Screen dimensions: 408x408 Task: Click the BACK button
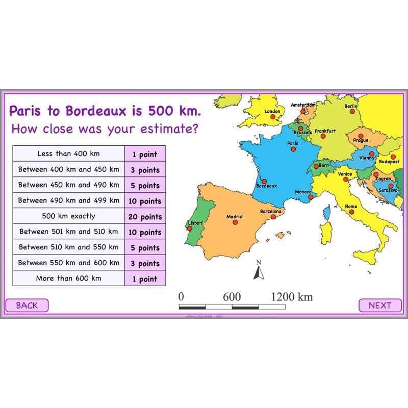pos(27,305)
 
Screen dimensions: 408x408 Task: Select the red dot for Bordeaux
pos(264,181)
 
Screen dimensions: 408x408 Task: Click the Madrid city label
pos(235,217)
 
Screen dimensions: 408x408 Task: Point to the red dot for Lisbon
pos(190,228)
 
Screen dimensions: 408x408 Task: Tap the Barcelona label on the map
pos(270,211)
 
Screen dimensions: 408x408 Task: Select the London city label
pos(272,111)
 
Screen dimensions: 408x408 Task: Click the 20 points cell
pos(145,217)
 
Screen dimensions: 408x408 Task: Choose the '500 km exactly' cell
pos(68,216)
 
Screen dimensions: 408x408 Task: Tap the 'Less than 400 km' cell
pos(68,154)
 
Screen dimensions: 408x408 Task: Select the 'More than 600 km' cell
pos(68,278)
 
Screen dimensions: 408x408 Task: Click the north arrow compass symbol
pos(259,272)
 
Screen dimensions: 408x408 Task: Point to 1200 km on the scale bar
pos(291,297)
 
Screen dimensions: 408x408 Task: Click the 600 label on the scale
pos(232,297)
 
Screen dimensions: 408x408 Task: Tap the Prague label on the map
pos(360,140)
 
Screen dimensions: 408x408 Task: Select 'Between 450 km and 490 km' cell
pos(68,185)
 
